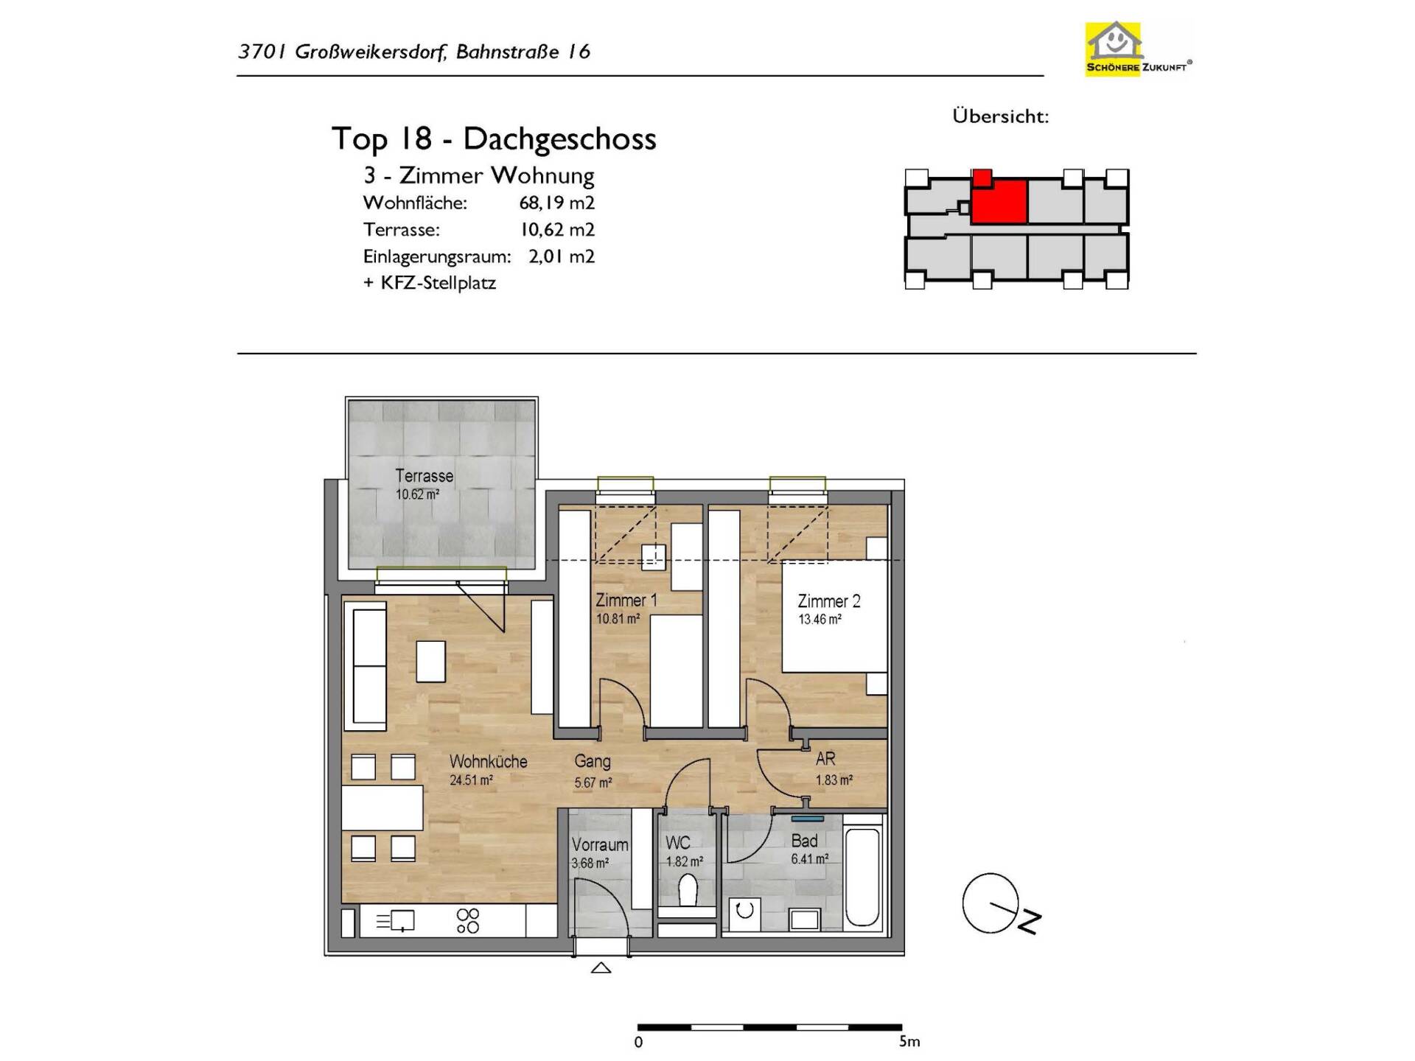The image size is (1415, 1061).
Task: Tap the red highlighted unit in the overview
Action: (999, 200)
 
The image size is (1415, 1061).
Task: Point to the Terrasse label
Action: (424, 476)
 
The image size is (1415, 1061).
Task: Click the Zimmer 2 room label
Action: (829, 601)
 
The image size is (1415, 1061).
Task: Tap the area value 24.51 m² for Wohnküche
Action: (471, 780)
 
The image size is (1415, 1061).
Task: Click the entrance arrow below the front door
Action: (601, 968)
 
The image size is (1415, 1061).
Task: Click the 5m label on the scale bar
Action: (909, 1042)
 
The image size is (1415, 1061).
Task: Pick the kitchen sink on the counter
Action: (396, 921)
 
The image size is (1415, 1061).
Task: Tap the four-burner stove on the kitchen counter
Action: (468, 921)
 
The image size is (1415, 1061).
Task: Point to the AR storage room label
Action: (825, 759)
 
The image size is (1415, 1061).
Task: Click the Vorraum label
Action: (600, 845)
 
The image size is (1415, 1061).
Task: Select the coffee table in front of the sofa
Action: (430, 662)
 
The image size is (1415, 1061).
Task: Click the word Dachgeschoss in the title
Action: (559, 139)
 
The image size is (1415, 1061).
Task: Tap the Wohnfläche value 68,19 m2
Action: (556, 203)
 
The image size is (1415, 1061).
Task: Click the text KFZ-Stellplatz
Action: (439, 283)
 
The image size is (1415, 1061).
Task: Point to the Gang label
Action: (593, 762)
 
